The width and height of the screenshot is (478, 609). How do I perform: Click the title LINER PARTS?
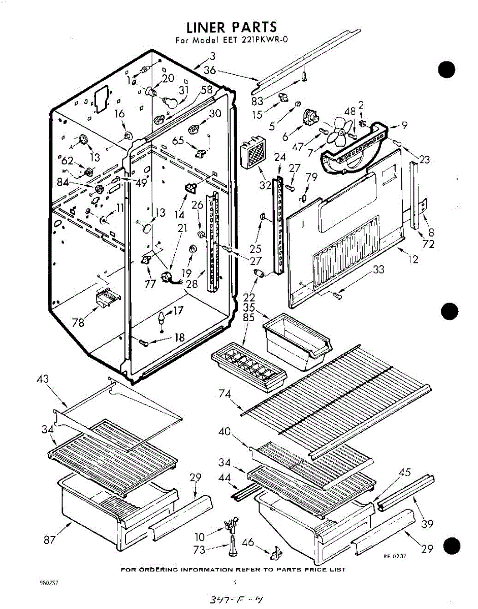point(231,27)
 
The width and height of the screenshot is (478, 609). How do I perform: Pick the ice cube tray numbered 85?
point(248,365)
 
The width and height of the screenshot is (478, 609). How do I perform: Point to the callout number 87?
point(49,540)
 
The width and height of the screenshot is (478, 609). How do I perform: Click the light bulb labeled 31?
point(171,101)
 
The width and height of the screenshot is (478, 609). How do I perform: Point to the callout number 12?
point(413,260)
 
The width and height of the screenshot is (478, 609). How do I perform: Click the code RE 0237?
point(395,556)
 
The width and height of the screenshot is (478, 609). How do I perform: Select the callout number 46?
point(247,543)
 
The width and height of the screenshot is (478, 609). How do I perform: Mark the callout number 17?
point(177,311)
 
